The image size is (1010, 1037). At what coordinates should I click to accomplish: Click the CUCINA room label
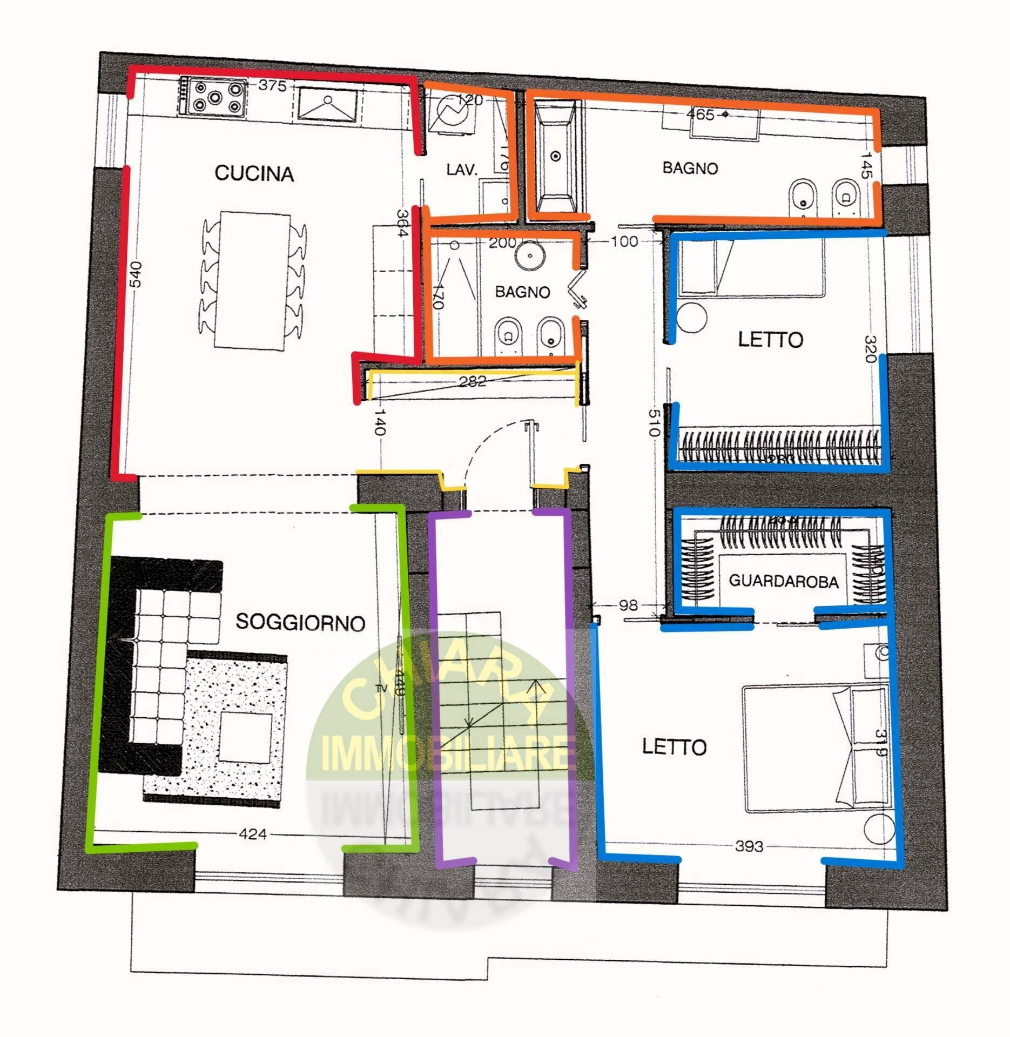point(254,174)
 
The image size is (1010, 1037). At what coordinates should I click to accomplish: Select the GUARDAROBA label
point(783,581)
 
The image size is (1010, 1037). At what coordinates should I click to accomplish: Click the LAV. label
point(462,170)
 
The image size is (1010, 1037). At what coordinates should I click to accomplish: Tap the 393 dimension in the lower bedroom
point(749,846)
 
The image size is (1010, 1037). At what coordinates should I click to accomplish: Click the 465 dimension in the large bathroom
point(701,115)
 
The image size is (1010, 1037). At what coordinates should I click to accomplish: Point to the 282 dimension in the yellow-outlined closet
point(472,381)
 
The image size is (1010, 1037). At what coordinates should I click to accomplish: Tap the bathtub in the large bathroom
point(556,157)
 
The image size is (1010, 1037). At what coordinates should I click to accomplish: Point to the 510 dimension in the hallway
point(654,423)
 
